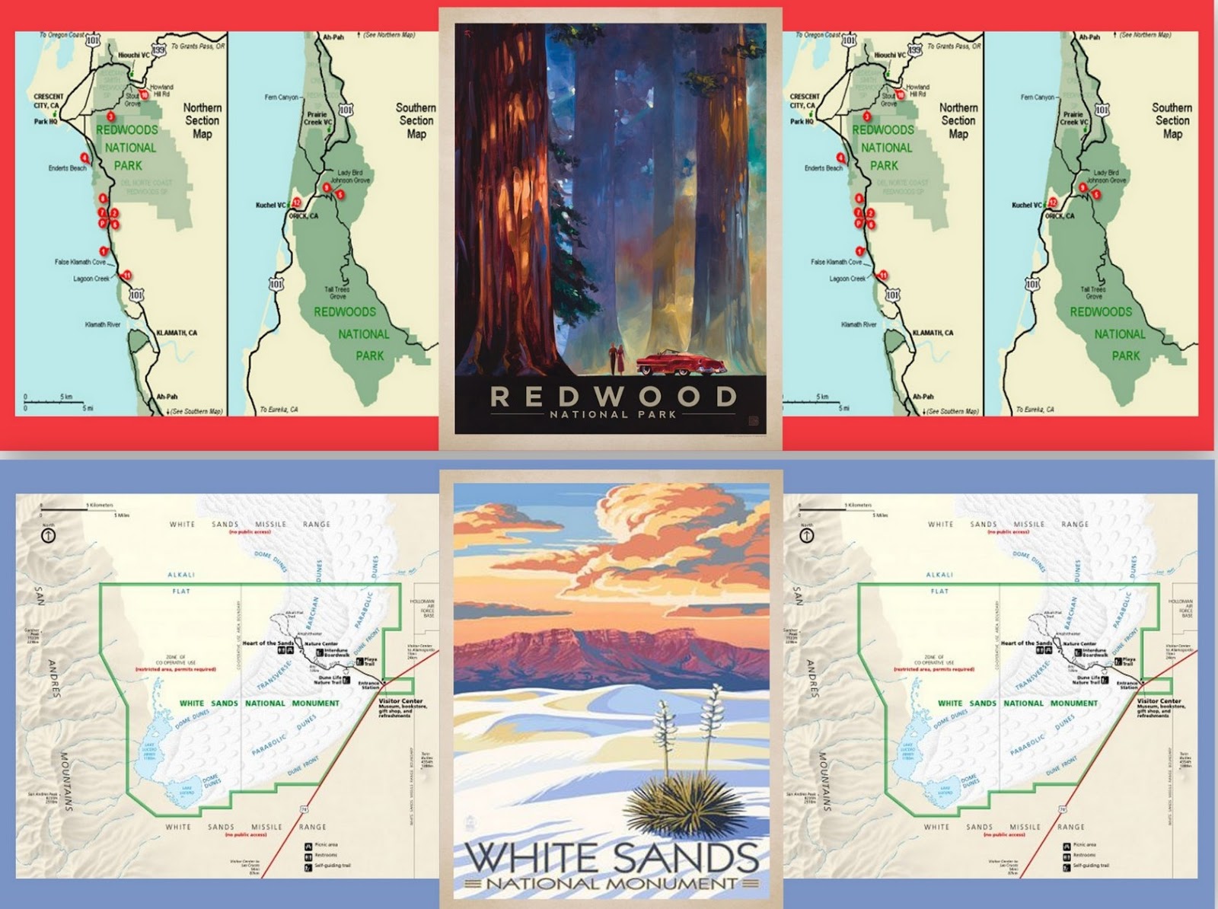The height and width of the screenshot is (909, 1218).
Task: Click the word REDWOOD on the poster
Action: tap(613, 396)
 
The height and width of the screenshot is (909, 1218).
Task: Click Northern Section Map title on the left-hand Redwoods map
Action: tap(202, 120)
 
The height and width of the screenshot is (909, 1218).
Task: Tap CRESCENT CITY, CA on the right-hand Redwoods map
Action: tap(805, 101)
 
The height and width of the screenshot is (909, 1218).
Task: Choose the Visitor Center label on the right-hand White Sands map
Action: tap(1159, 701)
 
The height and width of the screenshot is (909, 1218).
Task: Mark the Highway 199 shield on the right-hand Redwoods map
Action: tap(914, 49)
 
